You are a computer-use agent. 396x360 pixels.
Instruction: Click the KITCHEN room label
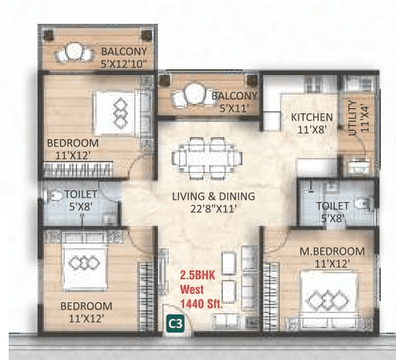coord(312,118)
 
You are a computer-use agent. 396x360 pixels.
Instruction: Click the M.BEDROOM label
coord(332,251)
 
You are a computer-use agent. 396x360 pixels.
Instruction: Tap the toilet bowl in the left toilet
coord(56,196)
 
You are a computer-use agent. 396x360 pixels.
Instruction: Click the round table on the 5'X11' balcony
coord(193,94)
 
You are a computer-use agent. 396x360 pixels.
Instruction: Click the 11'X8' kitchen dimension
coord(312,130)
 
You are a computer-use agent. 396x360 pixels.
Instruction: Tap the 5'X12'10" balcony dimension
coord(124,63)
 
